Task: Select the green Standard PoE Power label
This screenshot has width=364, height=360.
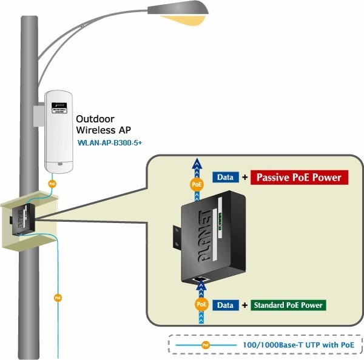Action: (x=288, y=305)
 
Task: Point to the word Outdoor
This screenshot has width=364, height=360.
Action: (x=95, y=119)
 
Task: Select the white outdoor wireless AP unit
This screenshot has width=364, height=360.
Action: (x=59, y=130)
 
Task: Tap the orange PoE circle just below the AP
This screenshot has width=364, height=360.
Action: (x=53, y=182)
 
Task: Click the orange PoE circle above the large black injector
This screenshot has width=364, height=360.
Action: (x=197, y=184)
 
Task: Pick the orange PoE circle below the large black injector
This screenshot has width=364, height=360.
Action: (x=201, y=305)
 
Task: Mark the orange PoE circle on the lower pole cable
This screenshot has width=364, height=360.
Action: (x=58, y=298)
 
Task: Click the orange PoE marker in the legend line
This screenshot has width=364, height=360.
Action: (x=206, y=345)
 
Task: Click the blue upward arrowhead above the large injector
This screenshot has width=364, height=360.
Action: (x=196, y=162)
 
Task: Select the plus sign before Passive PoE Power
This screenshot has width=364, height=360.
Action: (x=244, y=178)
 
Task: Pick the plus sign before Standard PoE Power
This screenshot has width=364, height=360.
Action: (x=245, y=305)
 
